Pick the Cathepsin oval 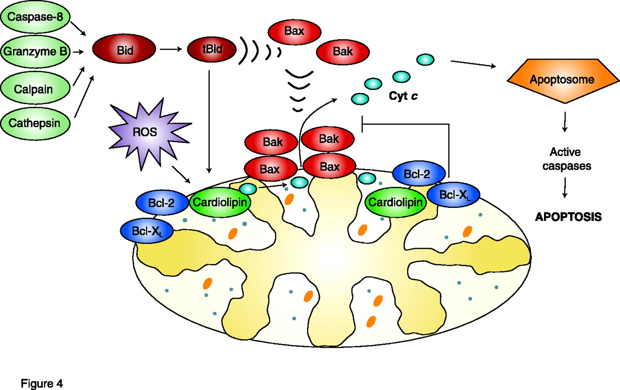(x=34, y=123)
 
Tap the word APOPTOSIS (x=568, y=217)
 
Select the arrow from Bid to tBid (x=170, y=49)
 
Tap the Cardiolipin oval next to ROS (x=221, y=204)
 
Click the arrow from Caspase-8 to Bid (x=78, y=29)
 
